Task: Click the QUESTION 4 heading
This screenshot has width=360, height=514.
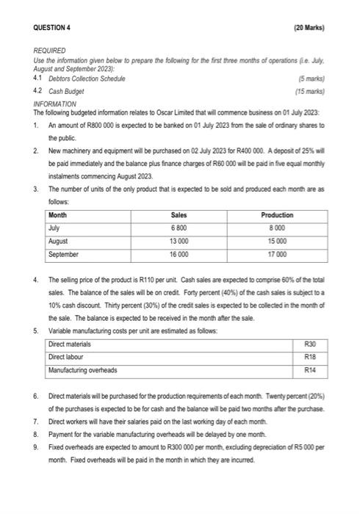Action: click(x=57, y=28)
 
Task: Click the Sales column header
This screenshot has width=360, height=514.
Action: click(x=178, y=215)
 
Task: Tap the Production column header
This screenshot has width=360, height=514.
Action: click(x=277, y=215)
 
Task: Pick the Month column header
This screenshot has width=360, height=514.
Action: click(x=58, y=215)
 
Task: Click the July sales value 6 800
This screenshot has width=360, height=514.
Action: click(x=178, y=228)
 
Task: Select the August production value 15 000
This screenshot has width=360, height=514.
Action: click(x=277, y=240)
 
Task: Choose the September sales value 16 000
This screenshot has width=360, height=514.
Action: click(x=178, y=253)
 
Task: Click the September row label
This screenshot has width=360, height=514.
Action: click(x=64, y=253)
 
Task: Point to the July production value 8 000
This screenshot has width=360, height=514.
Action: click(x=277, y=228)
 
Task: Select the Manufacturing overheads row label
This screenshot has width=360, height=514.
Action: click(x=82, y=370)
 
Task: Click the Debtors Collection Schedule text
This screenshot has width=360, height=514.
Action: click(x=85, y=78)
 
